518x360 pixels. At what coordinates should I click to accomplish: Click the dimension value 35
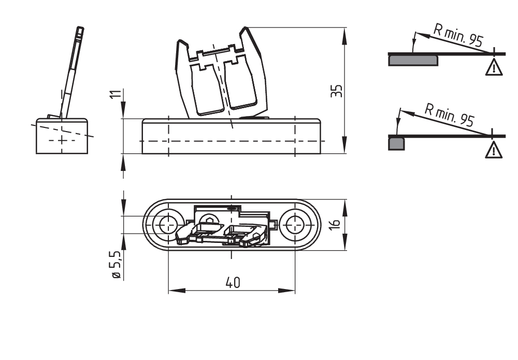[x=337, y=91]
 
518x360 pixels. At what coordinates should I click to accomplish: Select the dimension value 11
[x=114, y=94]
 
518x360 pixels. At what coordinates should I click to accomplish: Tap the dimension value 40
[x=233, y=283]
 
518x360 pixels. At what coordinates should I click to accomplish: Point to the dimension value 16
[x=335, y=224]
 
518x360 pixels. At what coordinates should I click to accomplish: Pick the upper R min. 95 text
[x=458, y=36]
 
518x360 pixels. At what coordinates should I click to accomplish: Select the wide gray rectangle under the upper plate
[x=413, y=61]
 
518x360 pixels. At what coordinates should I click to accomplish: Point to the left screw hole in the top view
[x=167, y=225]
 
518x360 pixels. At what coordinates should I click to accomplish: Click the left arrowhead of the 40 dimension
[x=177, y=291]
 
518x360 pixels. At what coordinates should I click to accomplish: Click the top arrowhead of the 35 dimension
[x=344, y=36]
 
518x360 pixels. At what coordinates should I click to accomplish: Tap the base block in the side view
[x=62, y=136]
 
